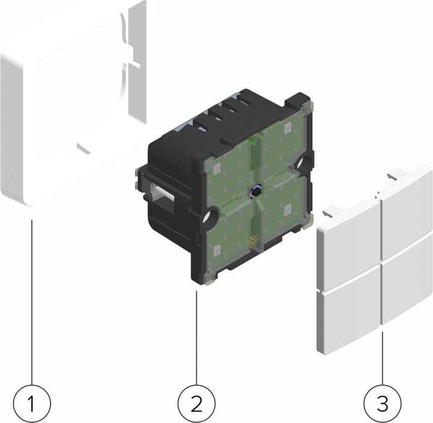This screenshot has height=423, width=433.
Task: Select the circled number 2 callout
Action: point(197,403)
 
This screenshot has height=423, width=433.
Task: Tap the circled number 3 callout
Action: point(382,403)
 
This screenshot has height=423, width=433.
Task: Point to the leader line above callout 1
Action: point(31,300)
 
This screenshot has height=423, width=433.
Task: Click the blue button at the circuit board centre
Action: point(256,192)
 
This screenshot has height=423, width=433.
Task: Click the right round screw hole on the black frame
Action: point(300,162)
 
